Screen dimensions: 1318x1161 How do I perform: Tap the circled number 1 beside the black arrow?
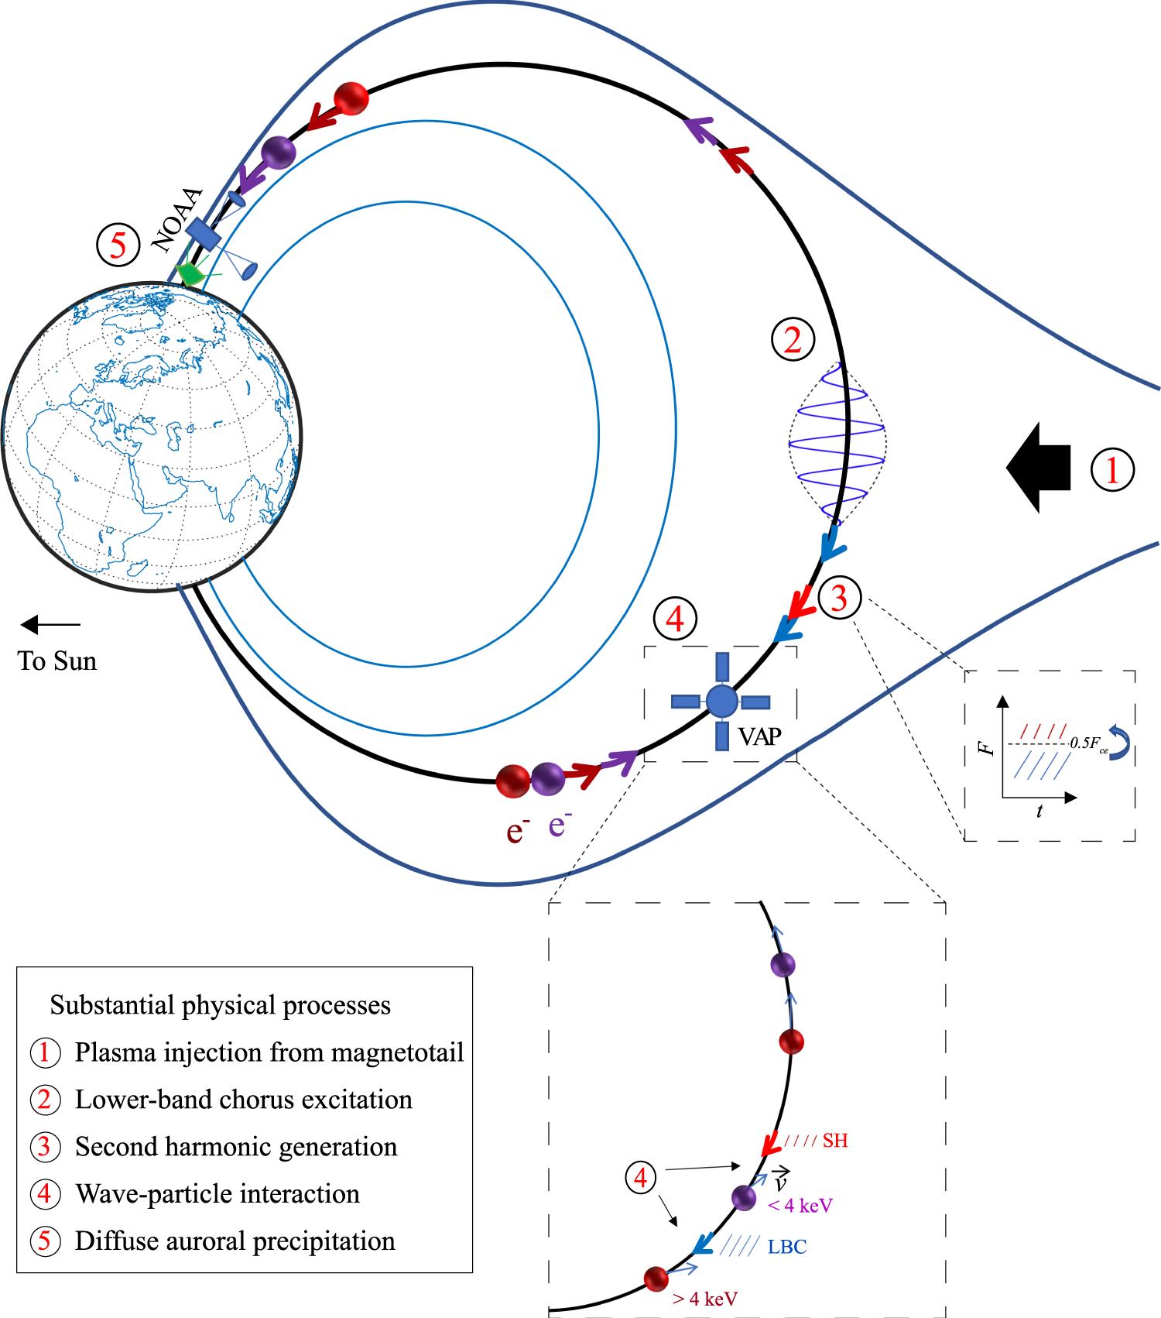point(1112,470)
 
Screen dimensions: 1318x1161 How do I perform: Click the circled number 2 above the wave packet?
point(793,339)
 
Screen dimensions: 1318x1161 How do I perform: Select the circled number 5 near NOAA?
point(118,245)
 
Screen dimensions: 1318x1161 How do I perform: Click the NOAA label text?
point(177,220)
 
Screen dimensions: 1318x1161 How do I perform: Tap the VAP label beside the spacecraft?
point(759,736)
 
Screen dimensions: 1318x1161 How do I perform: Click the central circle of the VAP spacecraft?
point(721,701)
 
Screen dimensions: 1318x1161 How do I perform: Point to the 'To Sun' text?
point(57,661)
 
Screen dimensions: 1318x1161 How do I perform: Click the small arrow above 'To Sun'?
point(50,624)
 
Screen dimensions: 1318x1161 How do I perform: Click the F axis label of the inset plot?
point(985,747)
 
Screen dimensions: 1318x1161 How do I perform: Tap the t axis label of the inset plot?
point(1039,811)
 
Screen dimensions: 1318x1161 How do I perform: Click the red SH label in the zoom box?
point(835,1140)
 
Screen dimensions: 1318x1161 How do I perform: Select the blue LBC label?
point(787,1247)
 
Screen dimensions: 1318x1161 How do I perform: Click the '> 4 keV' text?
point(705,1299)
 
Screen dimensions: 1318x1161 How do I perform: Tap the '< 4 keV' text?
point(800,1205)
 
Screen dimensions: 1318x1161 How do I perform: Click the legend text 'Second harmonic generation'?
point(236,1146)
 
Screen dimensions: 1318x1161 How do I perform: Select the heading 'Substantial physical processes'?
point(221,1004)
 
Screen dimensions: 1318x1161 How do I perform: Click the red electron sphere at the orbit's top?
point(351,98)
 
